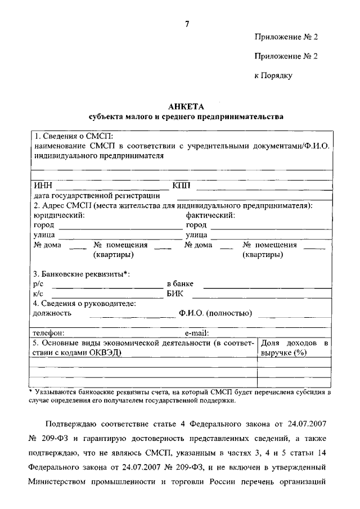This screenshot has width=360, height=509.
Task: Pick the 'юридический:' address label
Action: pyautogui.click(x=60, y=215)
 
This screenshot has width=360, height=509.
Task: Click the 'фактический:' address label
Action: pyautogui.click(x=210, y=215)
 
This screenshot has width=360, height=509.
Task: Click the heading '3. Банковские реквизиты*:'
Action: pyautogui.click(x=82, y=274)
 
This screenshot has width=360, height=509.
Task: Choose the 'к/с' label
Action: pyautogui.click(x=38, y=294)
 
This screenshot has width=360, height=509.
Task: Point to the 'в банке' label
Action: pyautogui.click(x=181, y=284)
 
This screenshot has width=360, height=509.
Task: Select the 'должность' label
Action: pyautogui.click(x=52, y=313)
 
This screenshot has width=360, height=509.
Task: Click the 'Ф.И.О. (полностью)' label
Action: pyautogui.click(x=215, y=313)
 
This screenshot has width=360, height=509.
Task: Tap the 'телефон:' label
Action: pyautogui.click(x=48, y=332)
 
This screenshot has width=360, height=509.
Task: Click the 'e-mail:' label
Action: pyautogui.click(x=193, y=332)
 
